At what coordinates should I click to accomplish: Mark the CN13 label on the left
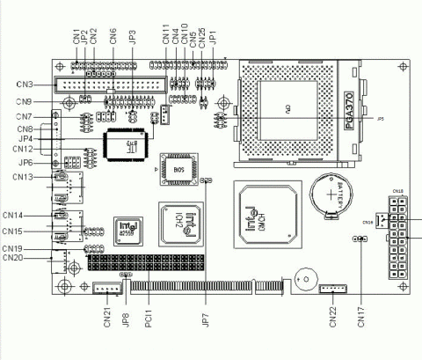(x=24, y=177)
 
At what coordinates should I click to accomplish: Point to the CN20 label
(x=14, y=258)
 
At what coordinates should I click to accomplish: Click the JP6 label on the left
(x=25, y=163)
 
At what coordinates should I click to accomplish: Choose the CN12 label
(x=23, y=149)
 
